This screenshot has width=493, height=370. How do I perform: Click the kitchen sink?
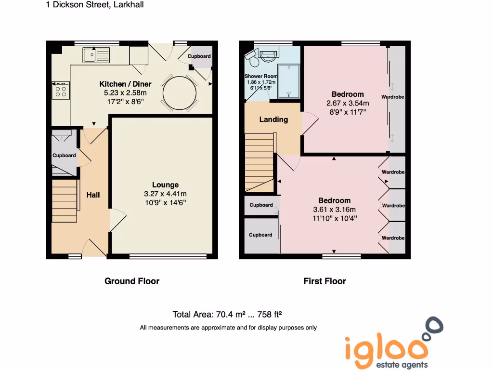click(96, 54)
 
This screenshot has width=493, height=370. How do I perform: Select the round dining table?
click(180, 93)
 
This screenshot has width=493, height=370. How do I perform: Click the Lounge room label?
click(165, 185)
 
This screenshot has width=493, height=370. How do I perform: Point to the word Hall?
click(93, 195)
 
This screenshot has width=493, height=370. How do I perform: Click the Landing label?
click(273, 119)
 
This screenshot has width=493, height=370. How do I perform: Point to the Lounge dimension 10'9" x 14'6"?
click(165, 202)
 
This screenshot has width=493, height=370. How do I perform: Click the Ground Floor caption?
click(132, 281)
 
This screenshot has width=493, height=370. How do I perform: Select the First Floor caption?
click(324, 281)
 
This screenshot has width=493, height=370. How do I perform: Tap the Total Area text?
click(227, 315)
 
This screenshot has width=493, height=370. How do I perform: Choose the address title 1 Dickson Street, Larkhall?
click(95, 5)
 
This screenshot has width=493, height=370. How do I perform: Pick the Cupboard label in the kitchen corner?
click(199, 56)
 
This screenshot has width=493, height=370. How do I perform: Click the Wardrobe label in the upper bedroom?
click(393, 97)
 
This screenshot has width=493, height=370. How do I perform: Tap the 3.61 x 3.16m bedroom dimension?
click(334, 209)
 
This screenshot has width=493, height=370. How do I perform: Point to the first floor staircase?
click(259, 162)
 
